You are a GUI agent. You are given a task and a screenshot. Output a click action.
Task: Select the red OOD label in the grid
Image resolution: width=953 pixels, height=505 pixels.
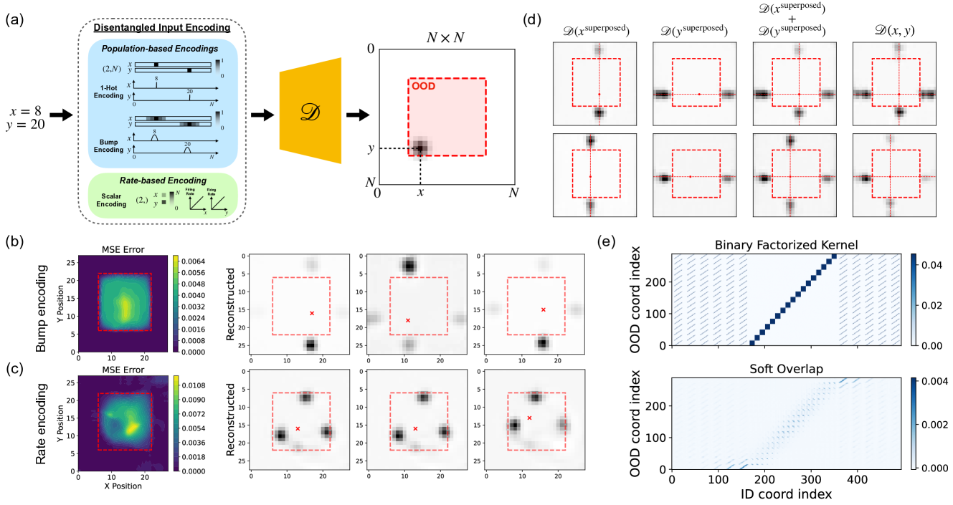click(x=422, y=86)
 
